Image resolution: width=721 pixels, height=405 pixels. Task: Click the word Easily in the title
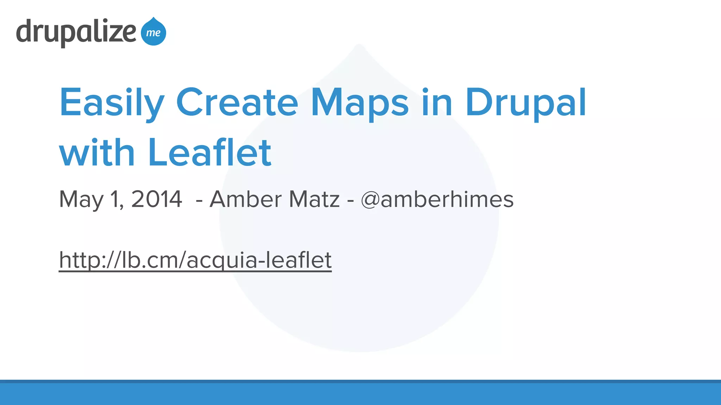coord(112,103)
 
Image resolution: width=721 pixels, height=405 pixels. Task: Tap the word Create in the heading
coord(237,103)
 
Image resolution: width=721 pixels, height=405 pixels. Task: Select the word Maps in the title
coord(360,103)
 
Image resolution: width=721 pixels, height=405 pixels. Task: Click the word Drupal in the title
coord(526,103)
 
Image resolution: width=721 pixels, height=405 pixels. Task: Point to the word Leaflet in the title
coord(210,153)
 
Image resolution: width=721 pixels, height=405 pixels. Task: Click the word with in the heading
coord(97,153)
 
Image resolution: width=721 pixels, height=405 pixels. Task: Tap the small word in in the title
coord(437,103)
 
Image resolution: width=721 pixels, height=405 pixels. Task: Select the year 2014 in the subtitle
coord(157,199)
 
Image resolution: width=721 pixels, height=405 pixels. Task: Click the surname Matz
coord(314,199)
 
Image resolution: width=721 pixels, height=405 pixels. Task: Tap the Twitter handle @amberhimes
coord(437,199)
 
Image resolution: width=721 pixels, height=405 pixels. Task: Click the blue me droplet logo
coord(153,32)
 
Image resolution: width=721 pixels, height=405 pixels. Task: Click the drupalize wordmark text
coord(76,32)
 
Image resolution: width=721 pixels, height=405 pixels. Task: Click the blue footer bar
coord(360,393)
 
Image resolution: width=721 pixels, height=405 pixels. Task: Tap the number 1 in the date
coord(115,199)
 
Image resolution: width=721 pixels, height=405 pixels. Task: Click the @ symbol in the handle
coord(370,200)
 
